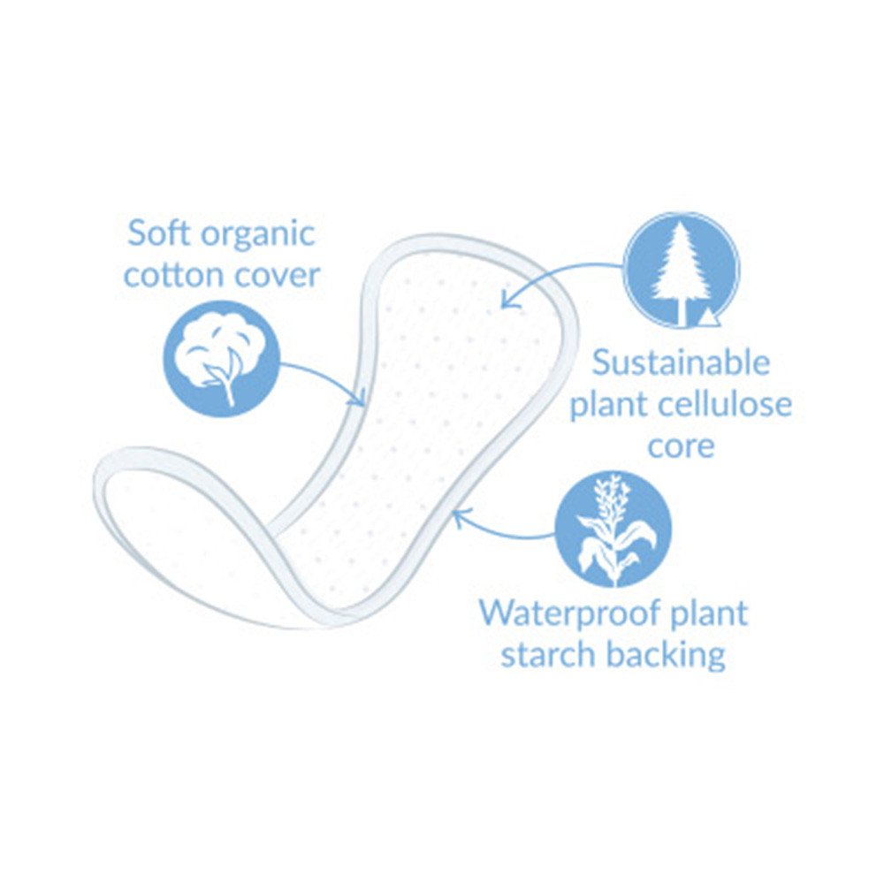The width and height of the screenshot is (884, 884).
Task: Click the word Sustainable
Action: (681, 362)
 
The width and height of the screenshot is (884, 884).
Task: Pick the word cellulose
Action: (723, 404)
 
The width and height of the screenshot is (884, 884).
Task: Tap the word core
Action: (681, 446)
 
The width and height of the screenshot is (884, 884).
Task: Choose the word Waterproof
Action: (570, 613)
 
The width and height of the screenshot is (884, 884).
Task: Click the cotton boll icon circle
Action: (222, 359)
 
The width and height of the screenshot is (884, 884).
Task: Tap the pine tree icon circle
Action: (682, 270)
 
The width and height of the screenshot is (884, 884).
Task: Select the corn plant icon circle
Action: (613, 530)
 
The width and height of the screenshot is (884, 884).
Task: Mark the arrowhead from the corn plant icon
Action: (459, 516)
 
